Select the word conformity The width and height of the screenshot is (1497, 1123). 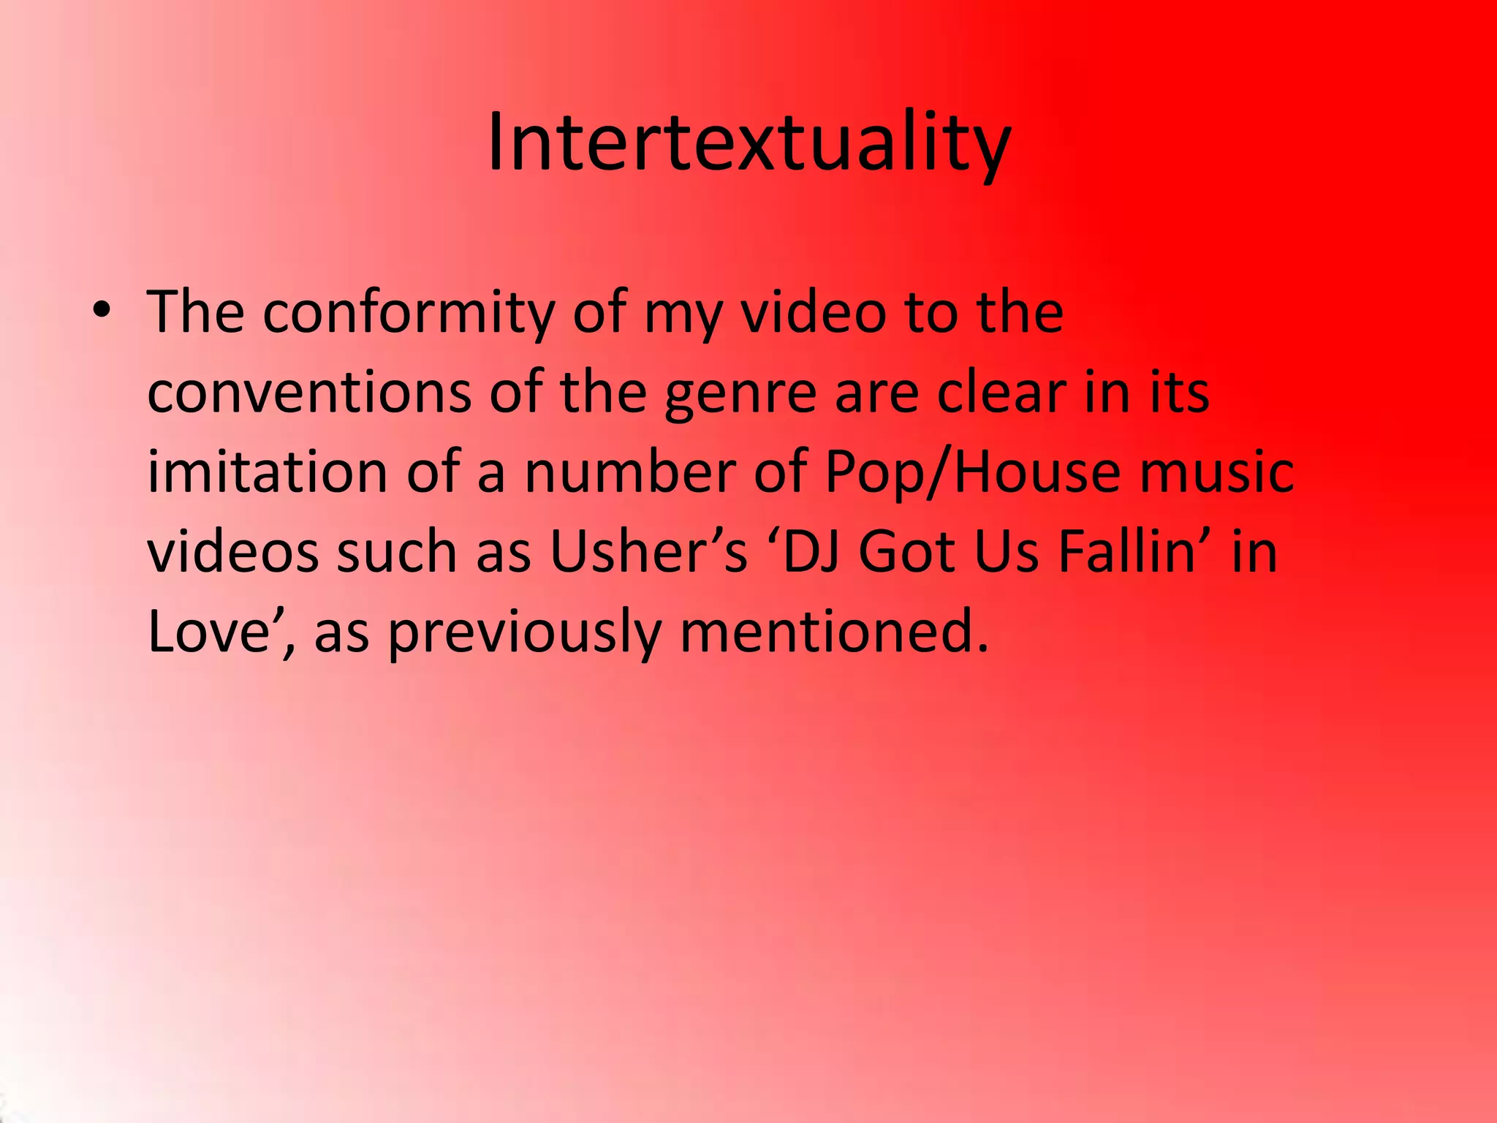409,313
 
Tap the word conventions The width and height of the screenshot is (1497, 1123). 309,393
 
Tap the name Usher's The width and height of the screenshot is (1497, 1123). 648,551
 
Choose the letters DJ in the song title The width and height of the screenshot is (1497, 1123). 808,551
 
